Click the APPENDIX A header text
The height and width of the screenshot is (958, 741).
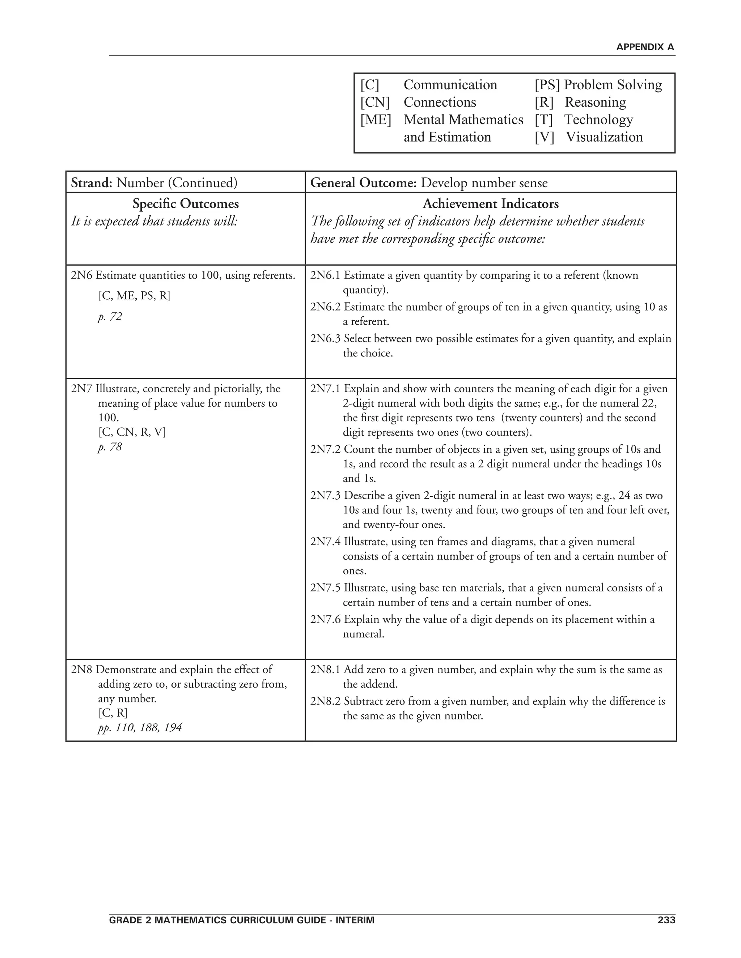(644, 47)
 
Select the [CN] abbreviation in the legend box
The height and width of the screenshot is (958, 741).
(375, 102)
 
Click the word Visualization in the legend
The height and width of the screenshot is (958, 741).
(604, 137)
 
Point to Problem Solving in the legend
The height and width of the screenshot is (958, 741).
(613, 85)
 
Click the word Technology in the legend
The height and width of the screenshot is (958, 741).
(598, 120)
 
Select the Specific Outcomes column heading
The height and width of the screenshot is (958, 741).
(185, 204)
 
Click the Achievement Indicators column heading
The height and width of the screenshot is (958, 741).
(490, 204)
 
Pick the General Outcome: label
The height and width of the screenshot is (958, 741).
(363, 183)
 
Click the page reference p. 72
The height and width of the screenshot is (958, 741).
(110, 316)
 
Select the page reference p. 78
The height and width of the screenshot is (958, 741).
(110, 447)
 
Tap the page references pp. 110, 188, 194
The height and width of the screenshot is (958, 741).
(140, 728)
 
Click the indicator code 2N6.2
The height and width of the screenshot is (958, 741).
(325, 307)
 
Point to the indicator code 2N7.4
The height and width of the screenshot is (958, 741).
(325, 542)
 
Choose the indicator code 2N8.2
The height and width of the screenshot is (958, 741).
(325, 701)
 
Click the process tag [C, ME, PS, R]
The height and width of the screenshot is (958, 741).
(134, 296)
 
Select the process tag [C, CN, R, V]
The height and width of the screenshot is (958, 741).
(132, 432)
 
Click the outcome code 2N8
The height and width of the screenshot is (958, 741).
(82, 670)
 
